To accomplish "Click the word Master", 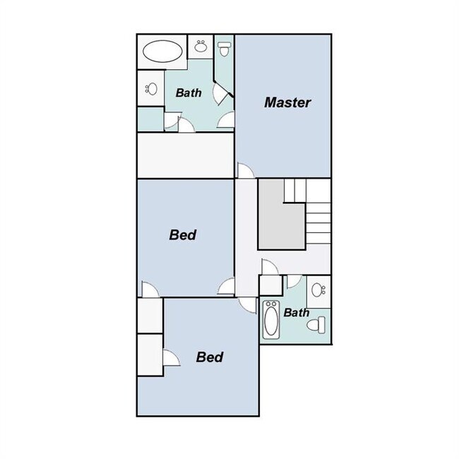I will pyautogui.click(x=287, y=102).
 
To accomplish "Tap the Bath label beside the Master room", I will pyautogui.click(x=189, y=93).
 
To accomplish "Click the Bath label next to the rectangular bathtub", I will pyautogui.click(x=296, y=311).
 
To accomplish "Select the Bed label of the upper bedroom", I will pyautogui.click(x=182, y=235).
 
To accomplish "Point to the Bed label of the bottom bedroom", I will pyautogui.click(x=209, y=357).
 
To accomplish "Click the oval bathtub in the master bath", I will pyautogui.click(x=162, y=52).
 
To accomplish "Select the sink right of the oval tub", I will pyautogui.click(x=201, y=47).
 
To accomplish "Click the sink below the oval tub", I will pyautogui.click(x=150, y=89).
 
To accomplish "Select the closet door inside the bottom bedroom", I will pyautogui.click(x=170, y=358).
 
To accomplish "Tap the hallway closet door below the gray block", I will pyautogui.click(x=268, y=267).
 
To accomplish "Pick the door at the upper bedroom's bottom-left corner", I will pyautogui.click(x=150, y=290).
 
